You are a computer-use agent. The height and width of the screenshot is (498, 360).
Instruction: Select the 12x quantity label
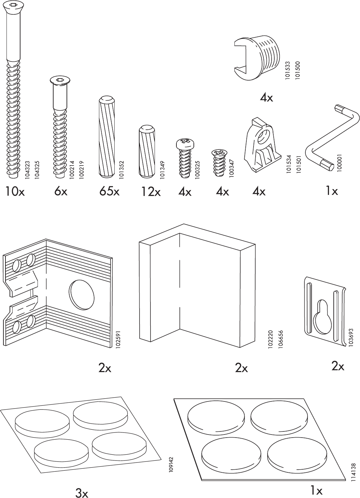(x=151, y=192)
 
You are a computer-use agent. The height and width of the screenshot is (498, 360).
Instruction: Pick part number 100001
(x=340, y=162)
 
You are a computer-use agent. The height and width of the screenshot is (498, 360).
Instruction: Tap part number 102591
(x=119, y=338)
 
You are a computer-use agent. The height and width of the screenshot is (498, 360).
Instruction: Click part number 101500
(x=298, y=70)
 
